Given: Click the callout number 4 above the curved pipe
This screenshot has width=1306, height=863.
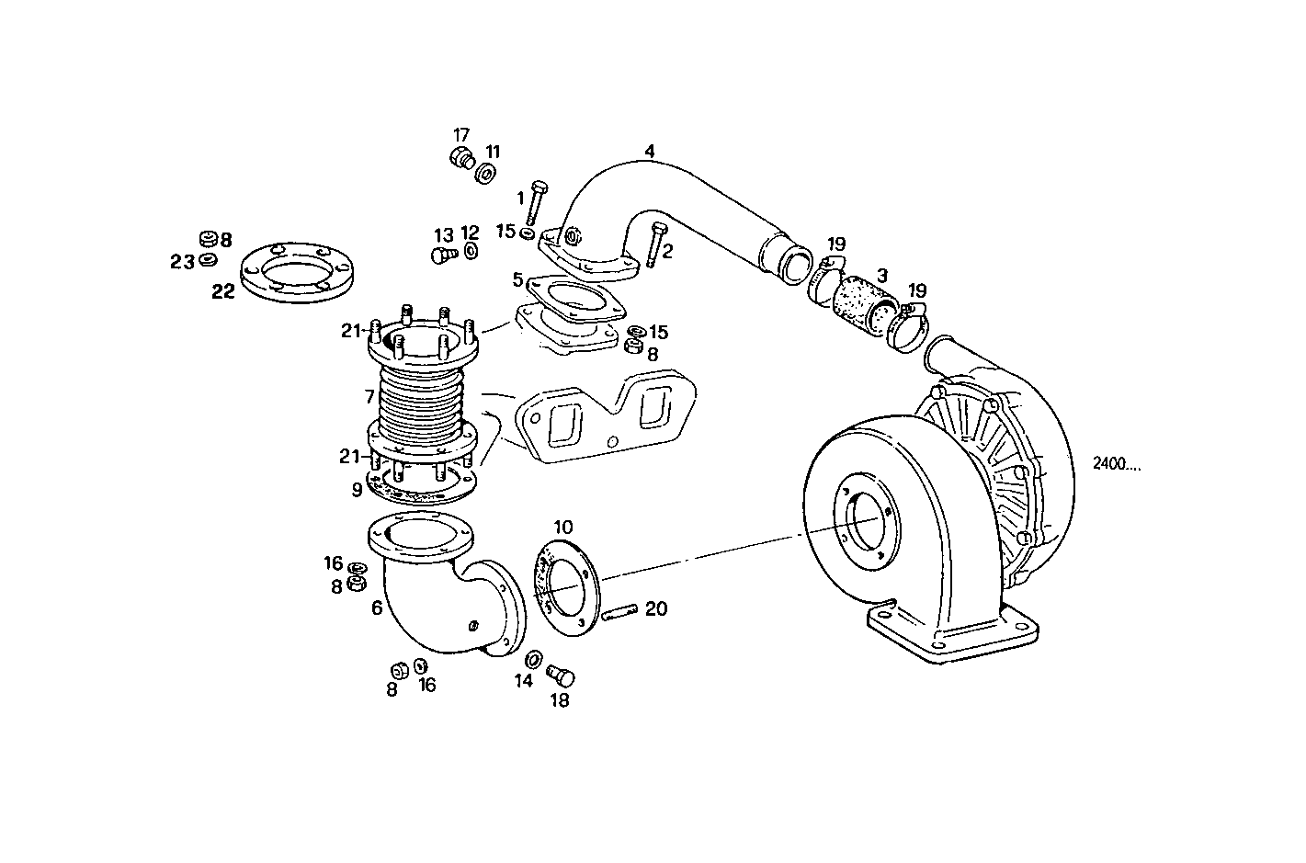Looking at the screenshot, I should pyautogui.click(x=650, y=151).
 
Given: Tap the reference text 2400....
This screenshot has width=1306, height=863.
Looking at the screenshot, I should pyautogui.click(x=1117, y=464).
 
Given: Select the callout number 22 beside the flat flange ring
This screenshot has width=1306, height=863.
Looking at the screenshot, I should pyautogui.click(x=223, y=291).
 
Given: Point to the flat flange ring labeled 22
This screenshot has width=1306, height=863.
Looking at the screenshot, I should pyautogui.click(x=297, y=272).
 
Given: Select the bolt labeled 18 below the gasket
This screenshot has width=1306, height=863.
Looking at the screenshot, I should pyautogui.click(x=560, y=676).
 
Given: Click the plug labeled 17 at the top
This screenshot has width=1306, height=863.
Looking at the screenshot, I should pyautogui.click(x=461, y=158).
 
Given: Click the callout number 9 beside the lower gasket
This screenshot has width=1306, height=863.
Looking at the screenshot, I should pyautogui.click(x=357, y=490).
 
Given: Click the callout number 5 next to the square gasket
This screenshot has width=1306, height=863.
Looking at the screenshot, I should pyautogui.click(x=517, y=278).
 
